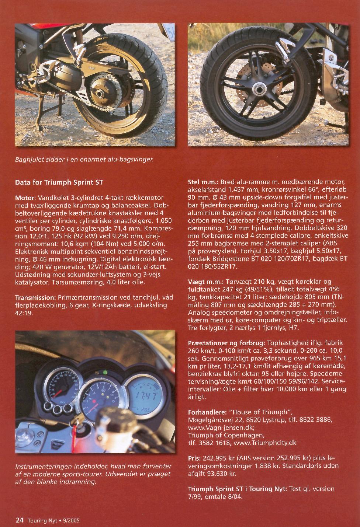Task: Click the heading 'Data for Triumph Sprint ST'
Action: pyautogui.click(x=59, y=182)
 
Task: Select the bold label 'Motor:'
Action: pyautogui.click(x=25, y=198)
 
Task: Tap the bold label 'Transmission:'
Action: pyautogui.click(x=35, y=297)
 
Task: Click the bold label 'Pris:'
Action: pyautogui.click(x=194, y=458)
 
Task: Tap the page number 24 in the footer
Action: pyautogui.click(x=20, y=520)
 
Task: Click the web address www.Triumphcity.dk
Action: pyautogui.click(x=265, y=443)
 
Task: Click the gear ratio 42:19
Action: pyautogui.click(x=24, y=313)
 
